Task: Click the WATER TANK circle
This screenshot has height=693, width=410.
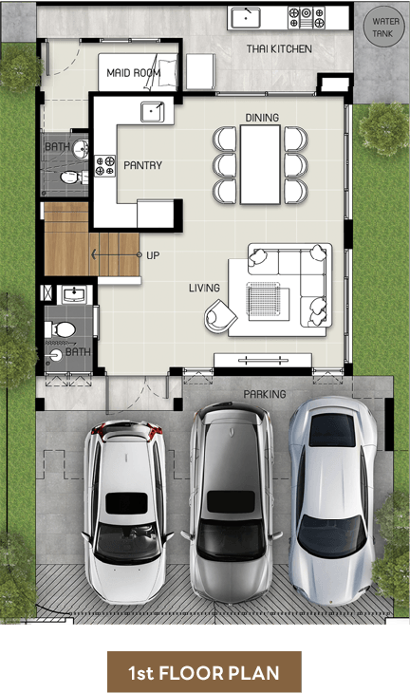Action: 383,27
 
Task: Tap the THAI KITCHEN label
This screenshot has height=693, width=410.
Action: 279,48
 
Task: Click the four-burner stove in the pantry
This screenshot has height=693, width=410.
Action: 105,166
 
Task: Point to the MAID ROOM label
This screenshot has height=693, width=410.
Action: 134,72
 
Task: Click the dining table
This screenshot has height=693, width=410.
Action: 260,164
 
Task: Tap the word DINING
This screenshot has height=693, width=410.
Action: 262,118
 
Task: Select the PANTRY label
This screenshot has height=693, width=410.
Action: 142,165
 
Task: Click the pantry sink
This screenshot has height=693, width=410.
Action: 153,112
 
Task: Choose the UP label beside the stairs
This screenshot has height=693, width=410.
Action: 153,255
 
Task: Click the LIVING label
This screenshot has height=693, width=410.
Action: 204,289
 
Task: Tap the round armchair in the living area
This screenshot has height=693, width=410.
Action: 219,315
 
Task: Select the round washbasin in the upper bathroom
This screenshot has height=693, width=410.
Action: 81,149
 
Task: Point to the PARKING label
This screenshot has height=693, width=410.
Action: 265,394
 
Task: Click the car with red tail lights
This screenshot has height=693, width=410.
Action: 127,512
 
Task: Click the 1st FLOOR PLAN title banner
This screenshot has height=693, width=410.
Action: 204,672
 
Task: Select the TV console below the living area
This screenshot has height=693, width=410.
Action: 263,360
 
